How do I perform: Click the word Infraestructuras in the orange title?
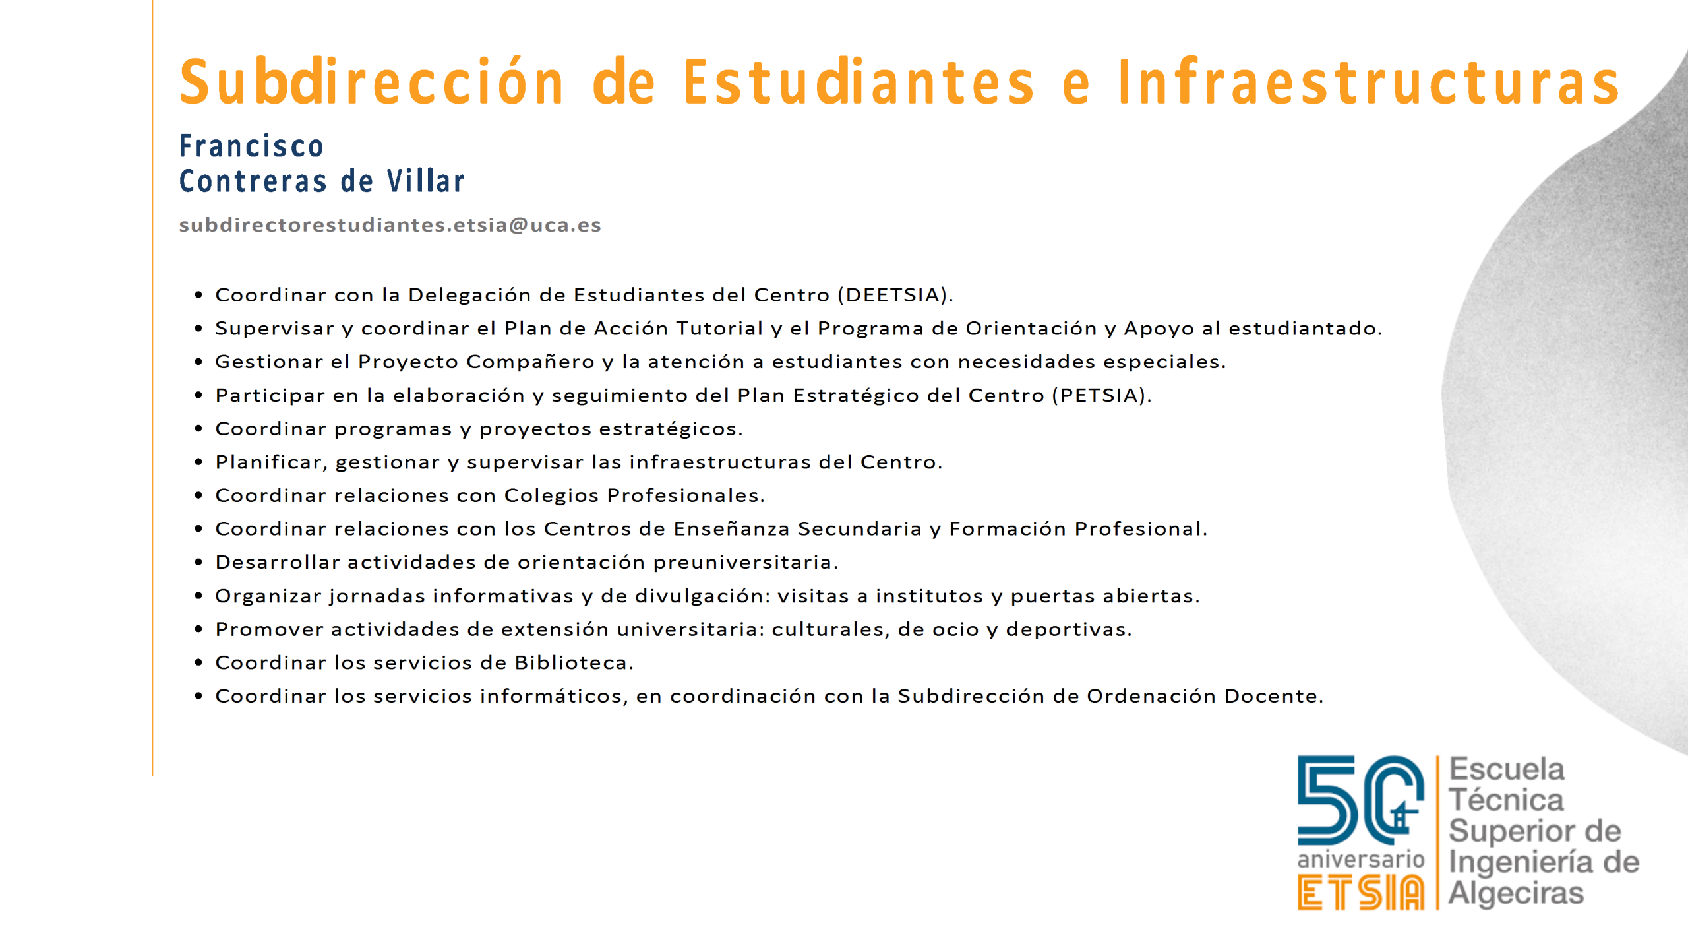[x=1369, y=82]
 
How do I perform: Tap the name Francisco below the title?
[x=251, y=146]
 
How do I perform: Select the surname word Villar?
[x=425, y=181]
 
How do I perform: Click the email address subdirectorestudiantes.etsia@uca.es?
[x=390, y=225]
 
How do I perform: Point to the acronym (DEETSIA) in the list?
[x=895, y=295]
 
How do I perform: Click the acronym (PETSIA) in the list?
[x=1102, y=395]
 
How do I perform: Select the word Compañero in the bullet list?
[x=531, y=362]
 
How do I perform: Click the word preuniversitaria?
[x=746, y=562]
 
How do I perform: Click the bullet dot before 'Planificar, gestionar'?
[x=198, y=462]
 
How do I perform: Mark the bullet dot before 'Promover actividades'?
[x=198, y=629]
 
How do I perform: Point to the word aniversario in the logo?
[x=1361, y=859]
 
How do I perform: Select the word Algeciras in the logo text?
[x=1516, y=893]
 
